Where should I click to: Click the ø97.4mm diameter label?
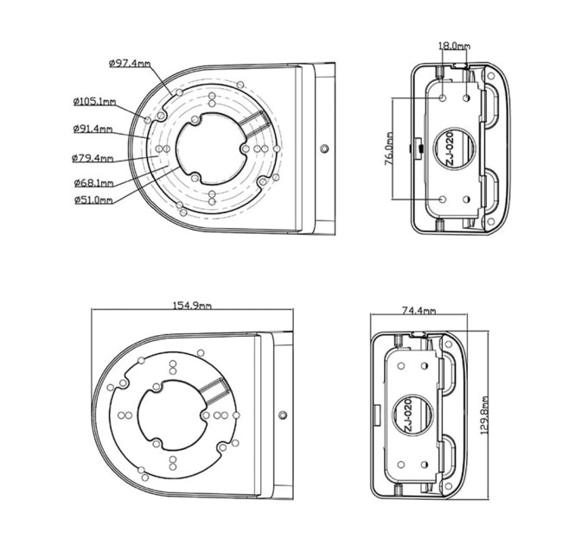[x=130, y=63]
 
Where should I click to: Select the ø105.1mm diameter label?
[x=94, y=102]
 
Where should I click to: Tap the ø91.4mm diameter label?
[x=93, y=129]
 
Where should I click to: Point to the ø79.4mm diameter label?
[x=93, y=158]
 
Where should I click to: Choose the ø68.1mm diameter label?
[x=93, y=183]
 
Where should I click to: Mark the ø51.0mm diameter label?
[x=93, y=200]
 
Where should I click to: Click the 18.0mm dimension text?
[x=454, y=46]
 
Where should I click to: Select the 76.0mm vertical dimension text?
[x=389, y=149]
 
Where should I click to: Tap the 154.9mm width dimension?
[x=192, y=306]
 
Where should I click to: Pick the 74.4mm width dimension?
[x=419, y=310]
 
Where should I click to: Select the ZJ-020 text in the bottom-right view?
[x=407, y=415]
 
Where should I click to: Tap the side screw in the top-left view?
[x=325, y=149]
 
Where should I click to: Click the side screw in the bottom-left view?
[x=283, y=414]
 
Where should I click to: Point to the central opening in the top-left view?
[x=213, y=149]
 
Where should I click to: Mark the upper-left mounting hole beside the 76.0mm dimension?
[x=443, y=98]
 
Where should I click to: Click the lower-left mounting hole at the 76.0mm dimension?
[x=443, y=199]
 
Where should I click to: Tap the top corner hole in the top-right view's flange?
[x=491, y=76]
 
